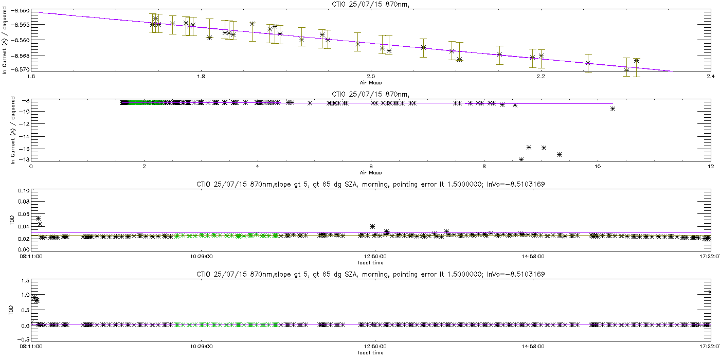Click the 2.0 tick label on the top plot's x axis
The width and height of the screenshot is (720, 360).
[x=371, y=77]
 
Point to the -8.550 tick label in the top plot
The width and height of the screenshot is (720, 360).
[x=20, y=11]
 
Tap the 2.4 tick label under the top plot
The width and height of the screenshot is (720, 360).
[x=711, y=77]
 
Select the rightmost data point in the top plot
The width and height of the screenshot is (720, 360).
[x=637, y=61]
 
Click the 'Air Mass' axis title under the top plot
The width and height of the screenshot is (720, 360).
[x=371, y=83]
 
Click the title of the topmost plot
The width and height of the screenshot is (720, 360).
[x=371, y=4]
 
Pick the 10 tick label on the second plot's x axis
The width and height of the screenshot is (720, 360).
[x=598, y=167]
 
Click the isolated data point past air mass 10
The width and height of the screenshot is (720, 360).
[x=613, y=109]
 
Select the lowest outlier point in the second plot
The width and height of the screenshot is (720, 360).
[x=521, y=159]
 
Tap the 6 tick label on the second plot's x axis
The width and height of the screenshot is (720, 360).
[x=371, y=167]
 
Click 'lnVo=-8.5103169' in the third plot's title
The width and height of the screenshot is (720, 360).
[x=516, y=184]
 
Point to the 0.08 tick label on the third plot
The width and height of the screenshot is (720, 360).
[x=24, y=202]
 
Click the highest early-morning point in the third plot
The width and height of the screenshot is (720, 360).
[x=38, y=218]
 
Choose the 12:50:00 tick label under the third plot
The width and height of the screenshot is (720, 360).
[x=375, y=257]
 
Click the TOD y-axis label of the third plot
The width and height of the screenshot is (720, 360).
[x=12, y=221]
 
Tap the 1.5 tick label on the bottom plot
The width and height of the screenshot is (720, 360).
[x=26, y=281]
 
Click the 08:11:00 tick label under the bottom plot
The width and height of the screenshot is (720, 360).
[x=31, y=347]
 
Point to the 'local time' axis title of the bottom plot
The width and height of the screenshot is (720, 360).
[x=371, y=353]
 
